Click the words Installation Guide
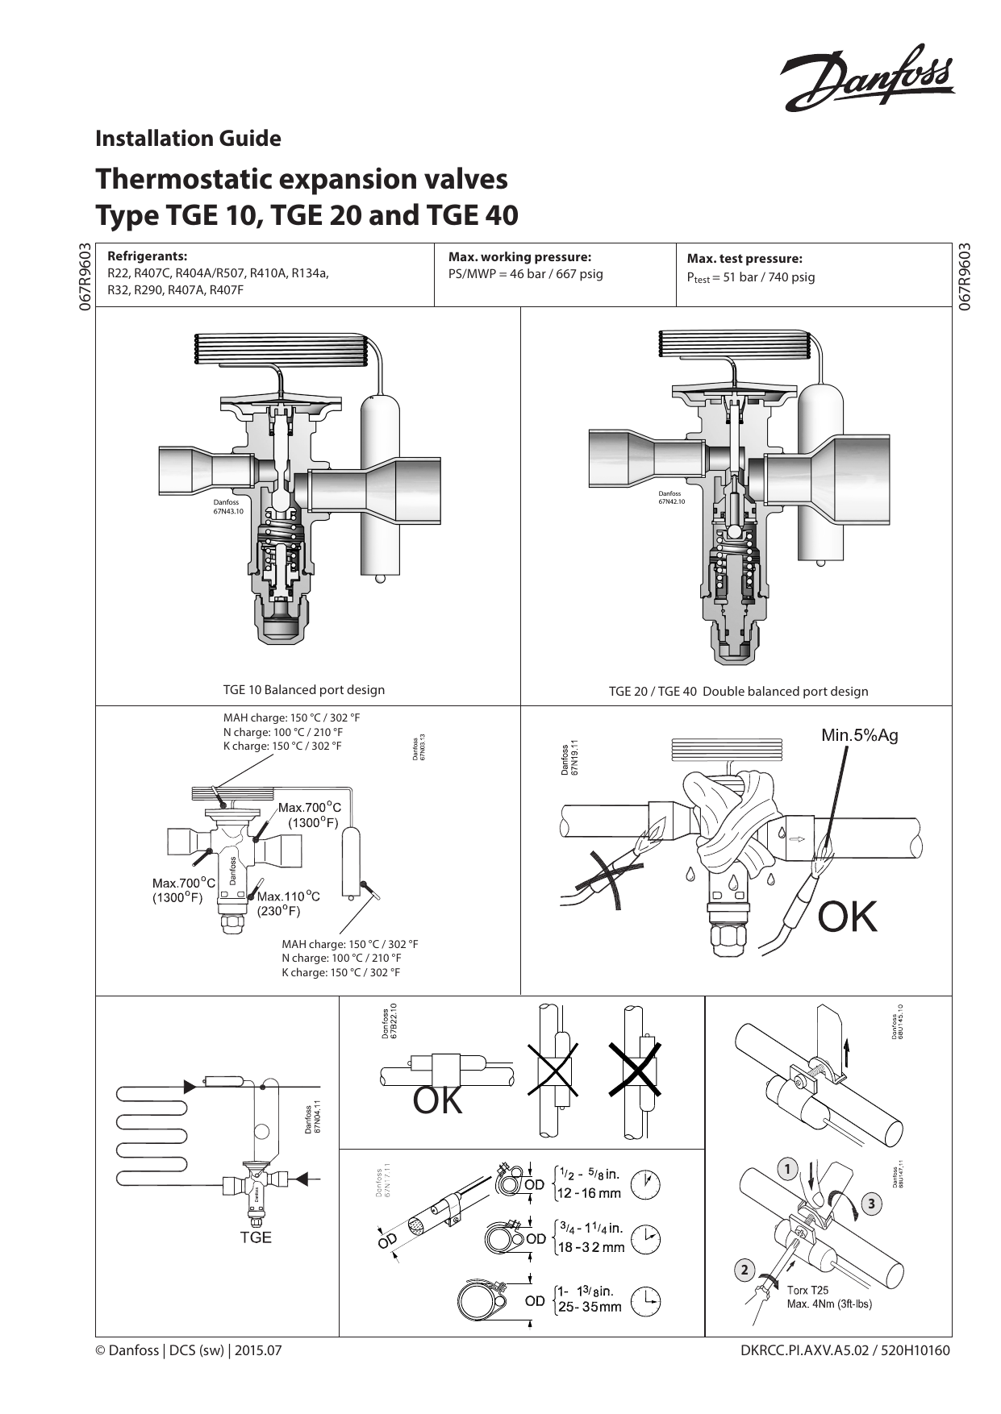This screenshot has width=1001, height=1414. pyautogui.click(x=188, y=139)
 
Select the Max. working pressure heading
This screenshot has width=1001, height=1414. pyautogui.click(x=519, y=257)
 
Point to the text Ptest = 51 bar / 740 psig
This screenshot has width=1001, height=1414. pyautogui.click(x=750, y=277)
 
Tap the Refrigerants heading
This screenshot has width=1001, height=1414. pyautogui.click(x=147, y=257)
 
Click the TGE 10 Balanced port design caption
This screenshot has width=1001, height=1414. pyautogui.click(x=303, y=690)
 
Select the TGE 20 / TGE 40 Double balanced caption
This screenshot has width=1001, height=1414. pyautogui.click(x=738, y=692)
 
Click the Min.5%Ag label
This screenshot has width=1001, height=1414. pyautogui.click(x=859, y=735)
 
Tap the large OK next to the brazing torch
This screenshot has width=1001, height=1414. pyautogui.click(x=847, y=917)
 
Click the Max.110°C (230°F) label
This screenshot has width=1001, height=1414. pyautogui.click(x=288, y=904)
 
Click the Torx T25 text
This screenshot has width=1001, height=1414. pyautogui.click(x=807, y=1291)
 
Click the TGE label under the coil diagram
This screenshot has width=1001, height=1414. pyautogui.click(x=256, y=1237)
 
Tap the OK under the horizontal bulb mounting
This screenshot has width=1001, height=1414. pyautogui.click(x=437, y=1101)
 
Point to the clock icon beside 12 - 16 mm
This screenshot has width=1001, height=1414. pyautogui.click(x=646, y=1184)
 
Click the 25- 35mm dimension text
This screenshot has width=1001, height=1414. pyautogui.click(x=589, y=1308)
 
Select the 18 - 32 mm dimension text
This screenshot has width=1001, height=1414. pyautogui.click(x=591, y=1248)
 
